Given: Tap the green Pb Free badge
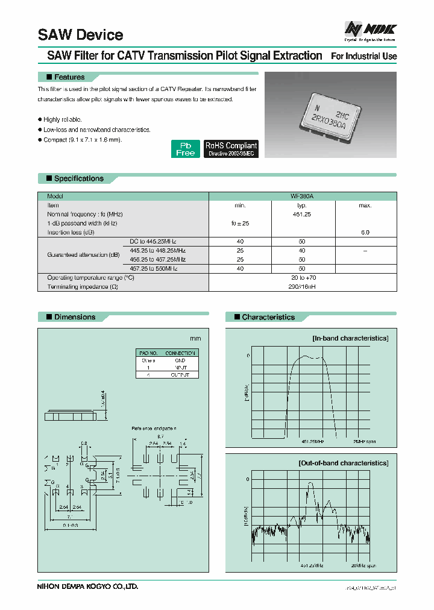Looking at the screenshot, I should [186, 149].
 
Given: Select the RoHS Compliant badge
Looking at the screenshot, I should [231, 149].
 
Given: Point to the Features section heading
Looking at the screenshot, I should [69, 77].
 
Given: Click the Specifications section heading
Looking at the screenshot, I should [78, 178].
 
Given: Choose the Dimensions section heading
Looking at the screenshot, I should [74, 317].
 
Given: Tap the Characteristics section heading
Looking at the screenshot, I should [268, 317].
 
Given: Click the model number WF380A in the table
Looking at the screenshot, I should [302, 197].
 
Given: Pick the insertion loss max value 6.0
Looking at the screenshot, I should [365, 232].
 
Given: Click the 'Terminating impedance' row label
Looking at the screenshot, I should [82, 286].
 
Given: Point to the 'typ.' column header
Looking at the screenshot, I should [302, 206].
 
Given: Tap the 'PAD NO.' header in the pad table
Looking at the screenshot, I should [148, 353].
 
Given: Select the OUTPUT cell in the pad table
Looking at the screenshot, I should [180, 374].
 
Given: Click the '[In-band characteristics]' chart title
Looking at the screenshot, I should [350, 338].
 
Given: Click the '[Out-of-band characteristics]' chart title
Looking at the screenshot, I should [343, 463].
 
